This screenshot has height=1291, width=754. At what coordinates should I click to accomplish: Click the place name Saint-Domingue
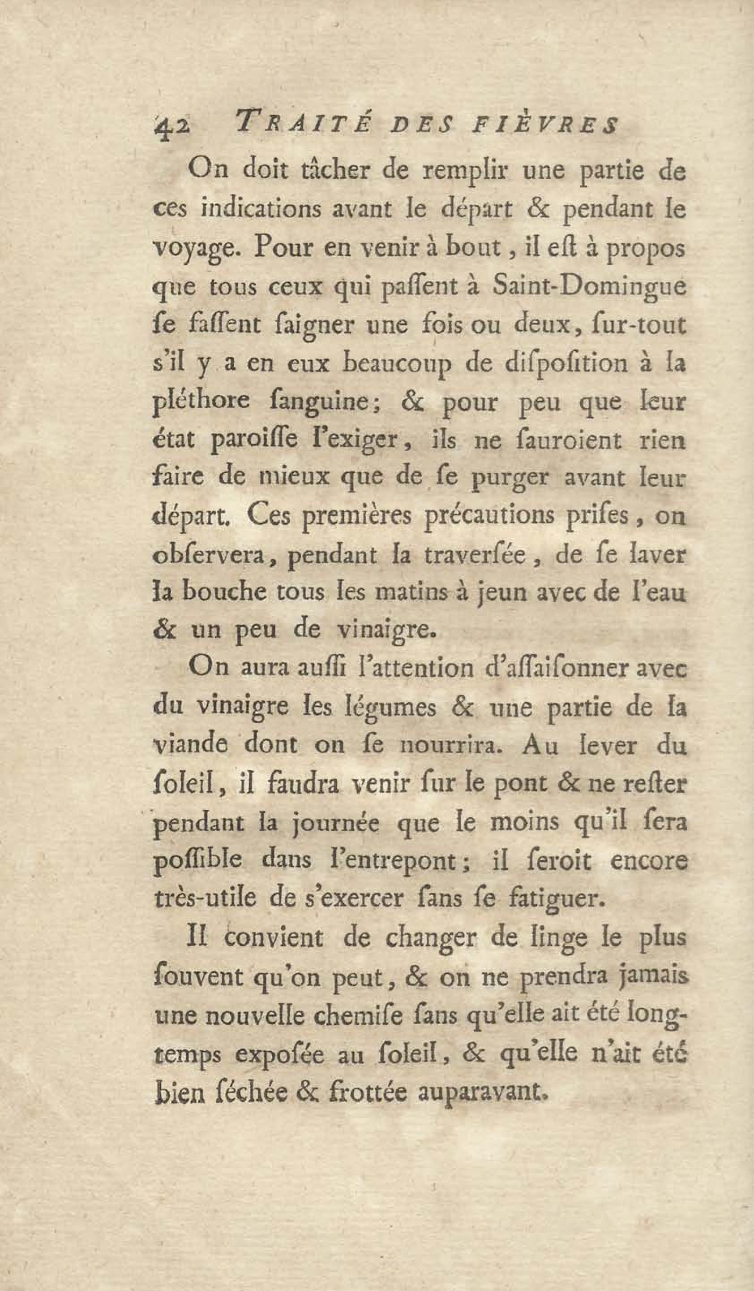point(588,287)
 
